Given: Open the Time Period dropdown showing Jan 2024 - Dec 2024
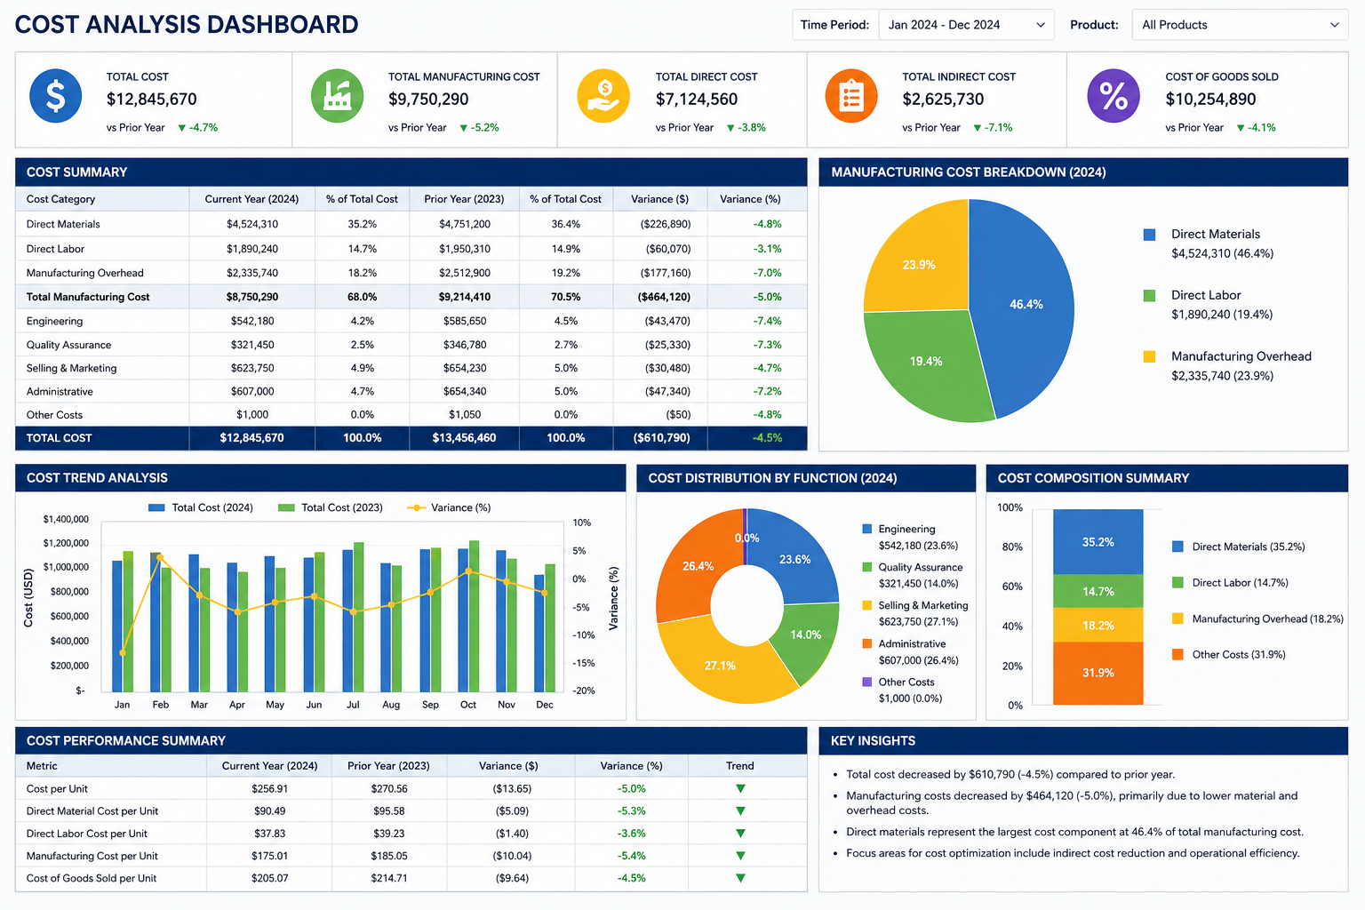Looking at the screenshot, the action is pos(966,25).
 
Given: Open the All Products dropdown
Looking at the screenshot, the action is pos(1240,25).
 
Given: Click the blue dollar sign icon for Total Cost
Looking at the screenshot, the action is pos(55,96).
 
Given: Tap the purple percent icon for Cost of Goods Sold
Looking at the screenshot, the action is pos(1114,96).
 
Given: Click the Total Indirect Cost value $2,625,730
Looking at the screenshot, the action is pos(943,99).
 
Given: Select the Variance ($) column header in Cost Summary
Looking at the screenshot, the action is pos(659,199).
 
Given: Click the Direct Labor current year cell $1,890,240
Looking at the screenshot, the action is pos(252,249).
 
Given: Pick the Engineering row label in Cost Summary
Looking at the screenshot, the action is pos(55,321).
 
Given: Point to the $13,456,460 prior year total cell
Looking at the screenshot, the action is pos(464,437).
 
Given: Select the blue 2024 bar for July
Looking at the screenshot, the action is pos(347,620).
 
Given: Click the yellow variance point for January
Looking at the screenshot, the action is pos(123,653).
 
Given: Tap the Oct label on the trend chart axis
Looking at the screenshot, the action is pos(468,705).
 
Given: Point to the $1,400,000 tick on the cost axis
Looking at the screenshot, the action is pos(66,519).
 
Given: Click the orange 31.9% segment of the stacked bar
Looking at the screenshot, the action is pos(1098,673).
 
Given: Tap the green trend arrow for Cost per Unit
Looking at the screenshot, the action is pos(740,789).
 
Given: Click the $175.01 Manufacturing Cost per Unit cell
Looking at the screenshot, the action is pos(269,856).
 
